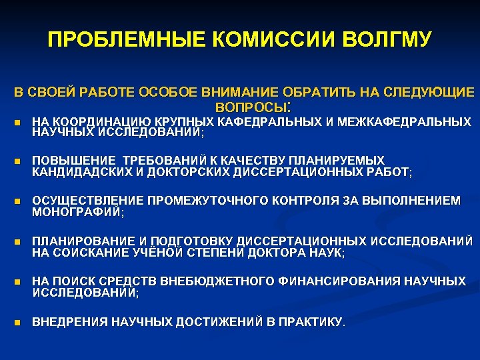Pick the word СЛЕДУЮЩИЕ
coord(419,92)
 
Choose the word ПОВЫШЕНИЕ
coord(73,161)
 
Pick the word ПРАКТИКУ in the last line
coord(313,322)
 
